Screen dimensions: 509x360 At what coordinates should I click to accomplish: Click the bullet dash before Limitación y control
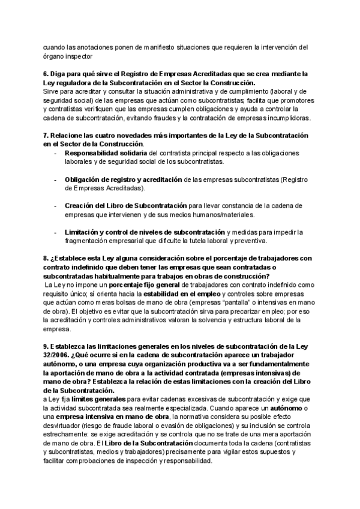click(56, 232)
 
